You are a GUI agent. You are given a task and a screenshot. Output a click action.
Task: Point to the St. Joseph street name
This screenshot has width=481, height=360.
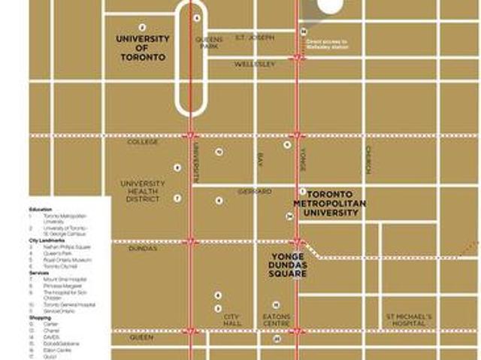(x=254, y=37)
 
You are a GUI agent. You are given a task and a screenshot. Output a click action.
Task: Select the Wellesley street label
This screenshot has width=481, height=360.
(x=254, y=65)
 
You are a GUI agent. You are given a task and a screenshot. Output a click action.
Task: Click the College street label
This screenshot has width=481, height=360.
(x=143, y=141)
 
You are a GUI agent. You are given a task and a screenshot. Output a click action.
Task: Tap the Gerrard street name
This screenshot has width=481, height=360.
(x=255, y=192)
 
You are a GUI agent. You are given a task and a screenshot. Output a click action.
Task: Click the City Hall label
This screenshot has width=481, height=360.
(x=231, y=321)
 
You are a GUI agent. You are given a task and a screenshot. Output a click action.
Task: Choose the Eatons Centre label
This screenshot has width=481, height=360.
(x=275, y=321)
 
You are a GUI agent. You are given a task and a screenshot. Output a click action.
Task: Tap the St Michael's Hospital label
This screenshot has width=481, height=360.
(x=408, y=321)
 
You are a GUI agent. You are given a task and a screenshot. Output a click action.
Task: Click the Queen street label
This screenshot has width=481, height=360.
(x=141, y=337)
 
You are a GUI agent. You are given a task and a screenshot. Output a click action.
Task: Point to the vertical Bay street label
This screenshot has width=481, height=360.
(x=260, y=159)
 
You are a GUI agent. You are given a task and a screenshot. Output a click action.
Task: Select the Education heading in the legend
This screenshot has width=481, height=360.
(x=40, y=209)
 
